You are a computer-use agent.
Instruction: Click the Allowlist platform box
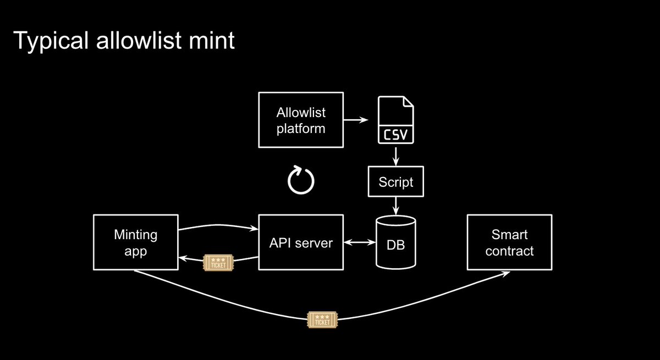(x=300, y=120)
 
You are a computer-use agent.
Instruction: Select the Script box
(x=396, y=182)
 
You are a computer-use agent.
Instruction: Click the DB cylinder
(x=395, y=242)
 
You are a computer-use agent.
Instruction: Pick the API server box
(x=300, y=242)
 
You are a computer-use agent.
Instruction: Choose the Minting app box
(x=136, y=242)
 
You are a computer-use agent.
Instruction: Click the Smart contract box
(x=509, y=242)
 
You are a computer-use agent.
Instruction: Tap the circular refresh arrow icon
(x=301, y=179)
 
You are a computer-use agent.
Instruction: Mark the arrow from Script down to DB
(x=395, y=206)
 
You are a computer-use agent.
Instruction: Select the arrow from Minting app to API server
(x=218, y=226)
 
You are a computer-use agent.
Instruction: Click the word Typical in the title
(x=47, y=41)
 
